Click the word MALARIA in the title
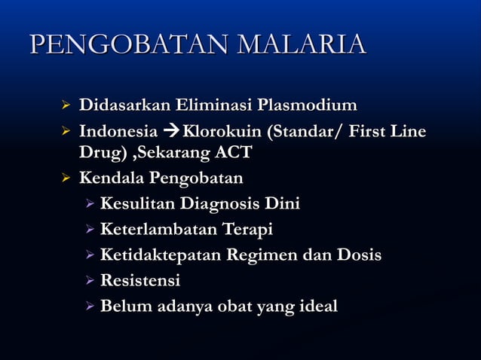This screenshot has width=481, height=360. tap(302, 44)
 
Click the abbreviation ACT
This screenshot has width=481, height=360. tap(234, 152)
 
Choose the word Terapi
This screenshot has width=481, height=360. tap(248, 229)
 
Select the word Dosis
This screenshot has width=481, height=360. tap(357, 255)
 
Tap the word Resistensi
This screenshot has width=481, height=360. tap(140, 281)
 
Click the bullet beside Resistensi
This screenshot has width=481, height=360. tap(89, 282)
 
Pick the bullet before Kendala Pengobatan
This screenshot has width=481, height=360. tap(65, 179)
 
